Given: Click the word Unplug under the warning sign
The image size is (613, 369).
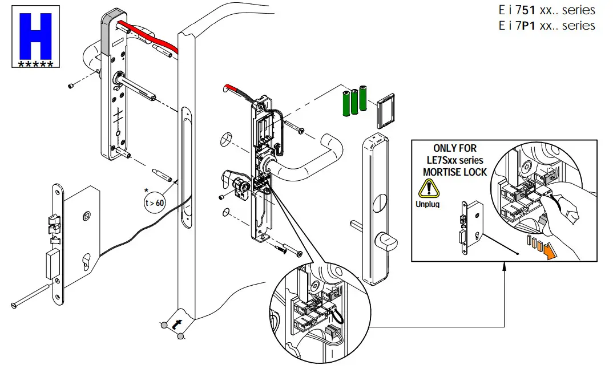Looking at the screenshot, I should (428, 204).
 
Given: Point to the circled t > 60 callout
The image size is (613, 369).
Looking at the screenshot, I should (154, 200).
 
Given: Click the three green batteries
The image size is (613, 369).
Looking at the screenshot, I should (353, 102).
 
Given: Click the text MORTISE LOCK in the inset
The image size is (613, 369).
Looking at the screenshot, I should (455, 172).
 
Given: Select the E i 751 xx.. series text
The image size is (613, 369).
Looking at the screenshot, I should (546, 10).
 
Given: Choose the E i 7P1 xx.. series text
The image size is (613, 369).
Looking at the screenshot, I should (546, 26).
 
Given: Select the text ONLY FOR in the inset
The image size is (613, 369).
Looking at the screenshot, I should (455, 148).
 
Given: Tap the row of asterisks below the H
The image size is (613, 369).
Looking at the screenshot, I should (35, 64).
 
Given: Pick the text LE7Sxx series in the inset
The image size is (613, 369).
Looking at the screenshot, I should (455, 160).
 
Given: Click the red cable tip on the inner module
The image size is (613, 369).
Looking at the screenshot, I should (228, 88).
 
